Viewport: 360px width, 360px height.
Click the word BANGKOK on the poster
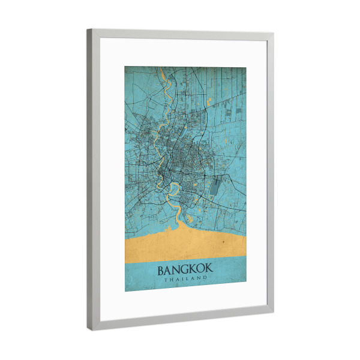185,270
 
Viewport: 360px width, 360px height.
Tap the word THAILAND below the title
185,280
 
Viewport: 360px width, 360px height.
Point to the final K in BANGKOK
207,271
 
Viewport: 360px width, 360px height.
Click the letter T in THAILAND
166,280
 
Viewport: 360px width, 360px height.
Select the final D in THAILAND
204,281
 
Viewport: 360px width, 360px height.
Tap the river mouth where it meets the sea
178,224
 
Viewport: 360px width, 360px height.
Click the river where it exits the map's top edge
163,71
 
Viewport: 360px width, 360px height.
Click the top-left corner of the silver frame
88,30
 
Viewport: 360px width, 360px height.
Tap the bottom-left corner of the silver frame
90,330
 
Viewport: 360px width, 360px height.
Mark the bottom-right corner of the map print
246,290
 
